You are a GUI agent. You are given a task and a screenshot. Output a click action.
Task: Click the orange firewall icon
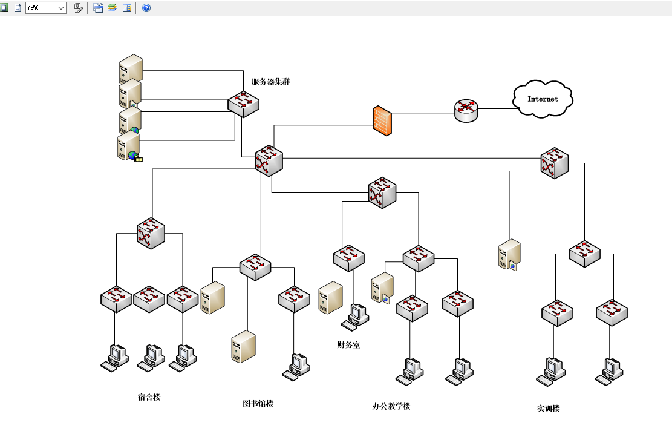pyautogui.click(x=382, y=120)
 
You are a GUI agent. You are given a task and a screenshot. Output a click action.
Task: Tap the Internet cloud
pyautogui.click(x=543, y=99)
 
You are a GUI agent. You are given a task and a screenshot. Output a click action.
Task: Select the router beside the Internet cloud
pyautogui.click(x=466, y=111)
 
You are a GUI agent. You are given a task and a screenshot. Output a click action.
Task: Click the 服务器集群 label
pyautogui.click(x=270, y=82)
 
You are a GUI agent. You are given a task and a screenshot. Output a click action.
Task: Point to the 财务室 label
pyautogui.click(x=348, y=345)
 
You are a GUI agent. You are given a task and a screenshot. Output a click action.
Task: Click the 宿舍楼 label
pyautogui.click(x=149, y=397)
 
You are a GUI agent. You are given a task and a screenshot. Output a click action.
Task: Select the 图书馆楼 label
pyautogui.click(x=258, y=404)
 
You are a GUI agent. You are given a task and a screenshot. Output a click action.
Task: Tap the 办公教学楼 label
pyautogui.click(x=391, y=406)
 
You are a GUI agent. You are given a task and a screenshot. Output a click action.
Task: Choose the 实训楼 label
pyautogui.click(x=548, y=409)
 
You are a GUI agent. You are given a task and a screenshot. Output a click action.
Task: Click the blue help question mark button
pyautogui.click(x=146, y=8)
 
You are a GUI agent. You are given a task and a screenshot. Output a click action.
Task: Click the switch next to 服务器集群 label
pyautogui.click(x=243, y=103)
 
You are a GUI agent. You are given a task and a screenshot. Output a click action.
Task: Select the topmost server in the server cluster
pyautogui.click(x=131, y=69)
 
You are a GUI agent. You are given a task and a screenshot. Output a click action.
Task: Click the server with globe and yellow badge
pyautogui.click(x=129, y=146)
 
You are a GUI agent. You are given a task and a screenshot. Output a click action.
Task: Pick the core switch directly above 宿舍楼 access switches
pyautogui.click(x=151, y=233)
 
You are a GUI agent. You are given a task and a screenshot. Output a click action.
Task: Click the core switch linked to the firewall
pyautogui.click(x=269, y=160)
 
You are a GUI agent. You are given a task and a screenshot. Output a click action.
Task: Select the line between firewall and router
pyautogui.click(x=423, y=114)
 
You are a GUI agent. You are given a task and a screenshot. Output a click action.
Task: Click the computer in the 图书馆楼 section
pyautogui.click(x=296, y=367)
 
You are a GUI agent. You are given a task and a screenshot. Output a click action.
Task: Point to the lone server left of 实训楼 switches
pyautogui.click(x=509, y=255)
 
